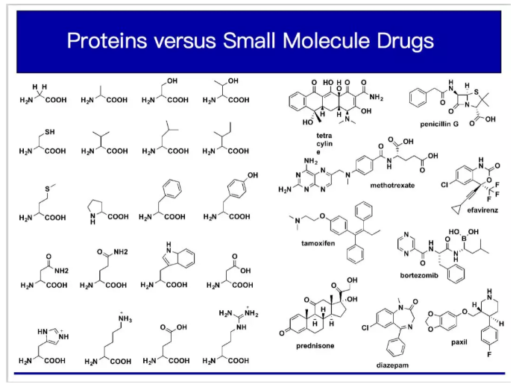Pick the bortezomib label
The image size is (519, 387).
click(421, 274)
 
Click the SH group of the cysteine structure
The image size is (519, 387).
click(49, 132)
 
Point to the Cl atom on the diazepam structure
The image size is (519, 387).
click(365, 327)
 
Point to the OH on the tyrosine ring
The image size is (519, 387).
click(253, 175)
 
